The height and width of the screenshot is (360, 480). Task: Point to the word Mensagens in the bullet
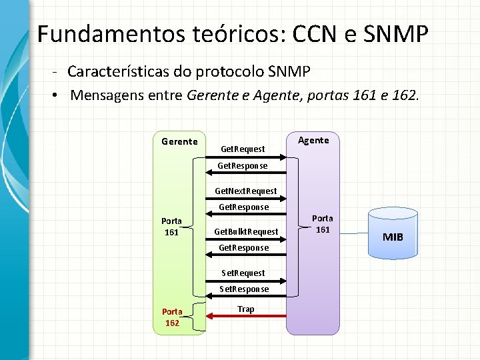[x=102, y=95]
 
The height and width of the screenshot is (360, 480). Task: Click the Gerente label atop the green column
[x=179, y=141]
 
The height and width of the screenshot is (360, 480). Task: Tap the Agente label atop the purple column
[x=313, y=140]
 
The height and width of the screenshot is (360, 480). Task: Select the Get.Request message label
[x=243, y=149]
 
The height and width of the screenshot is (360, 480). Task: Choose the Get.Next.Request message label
[x=245, y=191]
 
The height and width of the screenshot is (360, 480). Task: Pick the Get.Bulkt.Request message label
[x=246, y=231]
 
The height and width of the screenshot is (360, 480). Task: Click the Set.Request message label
[x=243, y=273]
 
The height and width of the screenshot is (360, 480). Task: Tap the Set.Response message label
[x=245, y=289]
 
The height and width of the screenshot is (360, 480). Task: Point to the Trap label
[x=245, y=309]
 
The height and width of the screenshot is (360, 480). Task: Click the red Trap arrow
[x=246, y=316]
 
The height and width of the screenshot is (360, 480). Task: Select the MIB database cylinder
[x=393, y=233]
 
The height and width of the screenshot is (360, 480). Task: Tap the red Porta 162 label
[x=172, y=317]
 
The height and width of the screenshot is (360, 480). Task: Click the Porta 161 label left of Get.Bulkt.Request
[x=172, y=227]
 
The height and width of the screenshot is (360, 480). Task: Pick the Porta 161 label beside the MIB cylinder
[x=323, y=224]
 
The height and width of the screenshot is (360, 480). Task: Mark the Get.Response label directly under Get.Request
[x=244, y=165]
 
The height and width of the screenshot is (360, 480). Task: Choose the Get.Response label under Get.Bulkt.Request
[x=244, y=247]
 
